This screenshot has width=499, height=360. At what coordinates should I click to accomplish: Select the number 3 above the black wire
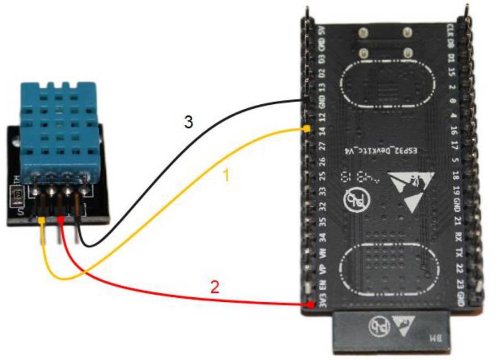(189, 122)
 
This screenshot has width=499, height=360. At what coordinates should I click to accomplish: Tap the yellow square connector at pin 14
(307, 129)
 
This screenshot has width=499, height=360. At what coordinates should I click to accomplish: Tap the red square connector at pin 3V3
(309, 305)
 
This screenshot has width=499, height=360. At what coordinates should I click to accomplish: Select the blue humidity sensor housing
(55, 128)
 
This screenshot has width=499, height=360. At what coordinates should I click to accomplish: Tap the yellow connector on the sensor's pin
(43, 220)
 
